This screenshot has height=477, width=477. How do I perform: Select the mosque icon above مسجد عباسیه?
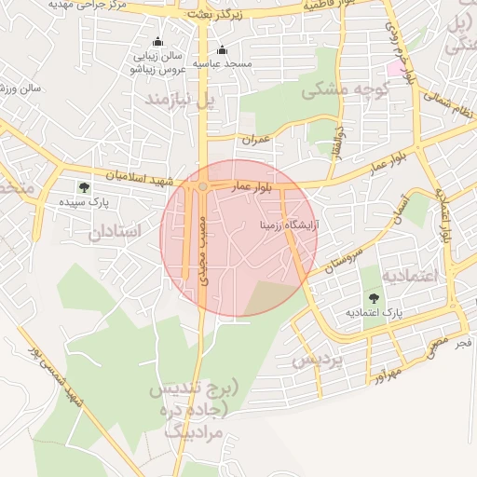pos(222,50)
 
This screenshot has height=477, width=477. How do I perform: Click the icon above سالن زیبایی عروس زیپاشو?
pos(157,42)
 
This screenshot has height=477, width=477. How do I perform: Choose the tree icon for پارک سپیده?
pos(85,188)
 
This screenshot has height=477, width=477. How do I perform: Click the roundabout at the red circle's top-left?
pos(203,187)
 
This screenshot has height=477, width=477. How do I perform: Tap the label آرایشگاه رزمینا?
pos(290,225)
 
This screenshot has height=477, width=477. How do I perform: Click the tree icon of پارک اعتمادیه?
pos(374,299)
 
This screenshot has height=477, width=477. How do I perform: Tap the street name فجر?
pos(463,344)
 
